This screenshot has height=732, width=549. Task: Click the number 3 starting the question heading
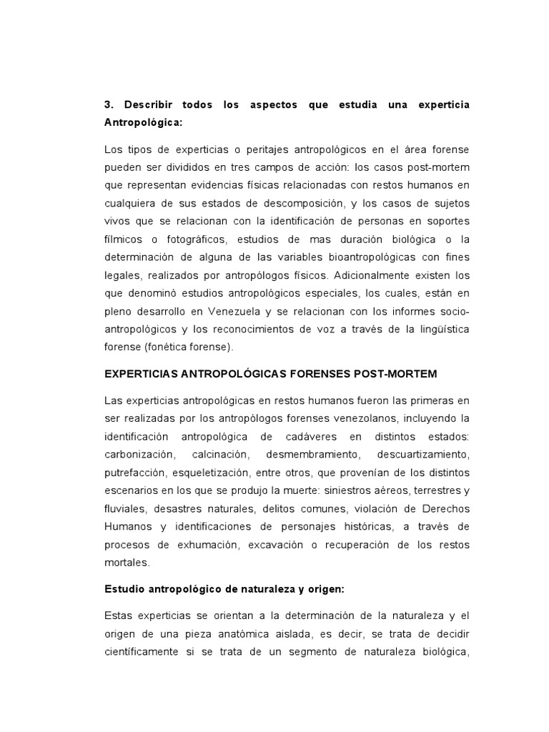[107, 105]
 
